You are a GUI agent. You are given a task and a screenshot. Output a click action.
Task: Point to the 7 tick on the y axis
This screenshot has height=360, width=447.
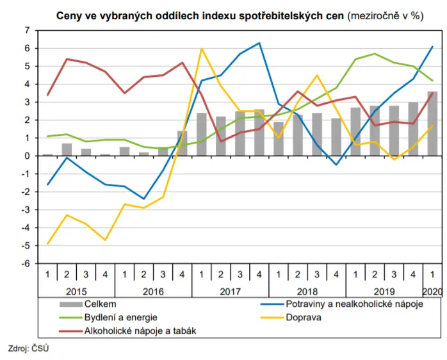click(27, 30)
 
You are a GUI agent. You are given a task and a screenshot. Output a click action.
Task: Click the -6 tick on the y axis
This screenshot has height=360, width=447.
click(26, 263)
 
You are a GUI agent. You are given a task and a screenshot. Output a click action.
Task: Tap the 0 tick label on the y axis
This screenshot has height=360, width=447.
click(27, 156)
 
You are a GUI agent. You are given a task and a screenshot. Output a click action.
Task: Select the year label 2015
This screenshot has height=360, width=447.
click(76, 292)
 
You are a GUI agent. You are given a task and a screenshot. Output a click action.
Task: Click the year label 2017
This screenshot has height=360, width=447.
click(230, 292)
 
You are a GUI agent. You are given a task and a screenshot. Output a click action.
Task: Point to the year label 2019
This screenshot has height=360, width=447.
click(384, 292)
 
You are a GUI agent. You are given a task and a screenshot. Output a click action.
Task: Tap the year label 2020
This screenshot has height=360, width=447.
click(432, 292)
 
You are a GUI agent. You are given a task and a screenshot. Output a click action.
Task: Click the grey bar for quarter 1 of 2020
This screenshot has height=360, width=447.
click(432, 124)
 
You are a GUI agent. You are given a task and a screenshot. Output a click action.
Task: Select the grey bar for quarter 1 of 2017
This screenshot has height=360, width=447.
click(201, 135)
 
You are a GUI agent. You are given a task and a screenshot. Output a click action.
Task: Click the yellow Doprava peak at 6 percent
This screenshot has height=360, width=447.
click(202, 49)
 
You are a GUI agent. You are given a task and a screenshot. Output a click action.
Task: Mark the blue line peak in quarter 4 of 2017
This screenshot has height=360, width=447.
click(259, 43)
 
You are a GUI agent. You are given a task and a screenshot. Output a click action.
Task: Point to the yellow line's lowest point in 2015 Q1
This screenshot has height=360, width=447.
click(47, 244)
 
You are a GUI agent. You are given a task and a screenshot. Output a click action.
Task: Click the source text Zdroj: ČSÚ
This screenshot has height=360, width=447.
click(28, 348)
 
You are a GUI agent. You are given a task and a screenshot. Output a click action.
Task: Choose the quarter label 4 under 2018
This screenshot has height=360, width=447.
click(336, 274)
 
